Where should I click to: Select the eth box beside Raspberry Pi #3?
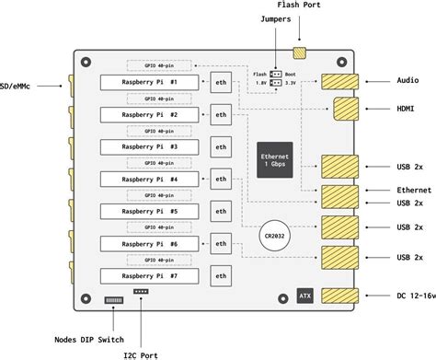221,146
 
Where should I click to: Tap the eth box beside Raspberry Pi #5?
221,211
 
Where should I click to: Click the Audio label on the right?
407,81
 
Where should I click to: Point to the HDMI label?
406,109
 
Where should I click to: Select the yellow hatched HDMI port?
346,109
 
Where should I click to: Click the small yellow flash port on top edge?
300,52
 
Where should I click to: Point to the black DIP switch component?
114,300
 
